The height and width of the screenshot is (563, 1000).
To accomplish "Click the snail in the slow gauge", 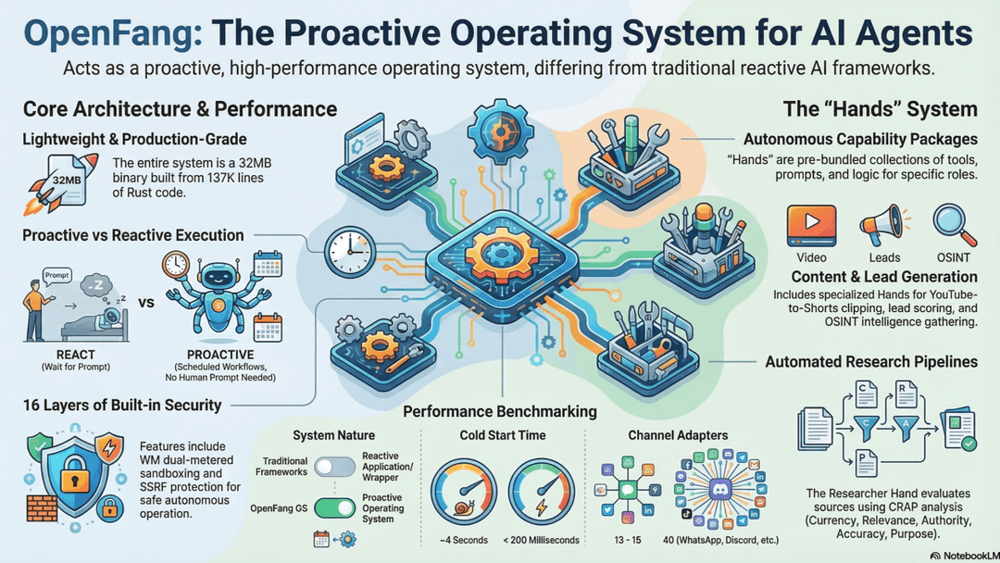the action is pos(464,508).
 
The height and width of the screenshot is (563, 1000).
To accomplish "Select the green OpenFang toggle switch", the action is pos(335,508).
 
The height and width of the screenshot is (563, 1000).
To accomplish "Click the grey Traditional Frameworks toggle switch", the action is pos(335,467).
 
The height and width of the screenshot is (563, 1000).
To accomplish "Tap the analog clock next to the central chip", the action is pos(349,252).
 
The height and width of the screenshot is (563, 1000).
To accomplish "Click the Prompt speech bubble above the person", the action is pos(56,275).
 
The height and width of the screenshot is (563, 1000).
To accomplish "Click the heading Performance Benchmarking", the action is pos(500,412).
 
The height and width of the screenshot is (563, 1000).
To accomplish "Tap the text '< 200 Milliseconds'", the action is pos(541,540).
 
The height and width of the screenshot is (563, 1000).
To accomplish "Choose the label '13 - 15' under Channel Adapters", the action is pos(628,540).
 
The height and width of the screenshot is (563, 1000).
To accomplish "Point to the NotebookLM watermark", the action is pos(964,556).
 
